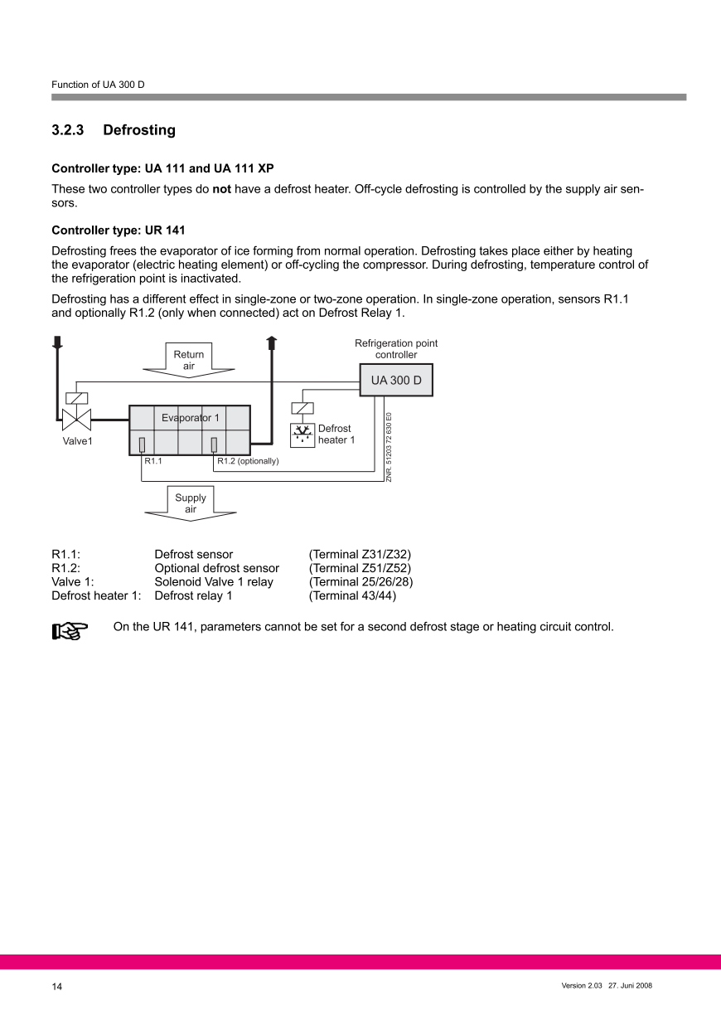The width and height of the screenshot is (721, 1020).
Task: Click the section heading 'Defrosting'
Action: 139,130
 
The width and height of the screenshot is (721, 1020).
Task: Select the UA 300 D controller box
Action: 395,381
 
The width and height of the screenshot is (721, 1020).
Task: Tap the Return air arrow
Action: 189,360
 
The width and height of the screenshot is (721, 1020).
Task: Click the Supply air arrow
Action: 191,503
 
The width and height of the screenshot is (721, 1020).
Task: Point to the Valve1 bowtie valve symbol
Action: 76,417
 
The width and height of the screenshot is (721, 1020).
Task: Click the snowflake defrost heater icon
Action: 302,434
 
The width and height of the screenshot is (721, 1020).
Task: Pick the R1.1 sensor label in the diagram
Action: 153,461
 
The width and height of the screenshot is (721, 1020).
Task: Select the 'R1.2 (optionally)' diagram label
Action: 248,461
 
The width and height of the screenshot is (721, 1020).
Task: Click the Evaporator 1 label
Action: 190,418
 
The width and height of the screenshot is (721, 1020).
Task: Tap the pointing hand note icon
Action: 70,632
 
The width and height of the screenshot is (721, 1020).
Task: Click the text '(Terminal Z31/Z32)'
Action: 360,554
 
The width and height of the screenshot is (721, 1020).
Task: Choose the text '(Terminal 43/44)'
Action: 352,595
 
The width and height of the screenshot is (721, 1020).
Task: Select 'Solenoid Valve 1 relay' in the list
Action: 214,582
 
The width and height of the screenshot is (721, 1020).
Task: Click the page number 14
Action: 56,987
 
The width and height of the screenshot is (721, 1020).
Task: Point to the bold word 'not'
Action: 221,189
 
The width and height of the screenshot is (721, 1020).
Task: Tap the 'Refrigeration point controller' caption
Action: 396,349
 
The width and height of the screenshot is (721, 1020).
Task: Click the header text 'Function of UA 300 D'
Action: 98,85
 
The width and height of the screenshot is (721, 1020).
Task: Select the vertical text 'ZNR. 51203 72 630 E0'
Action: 389,447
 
